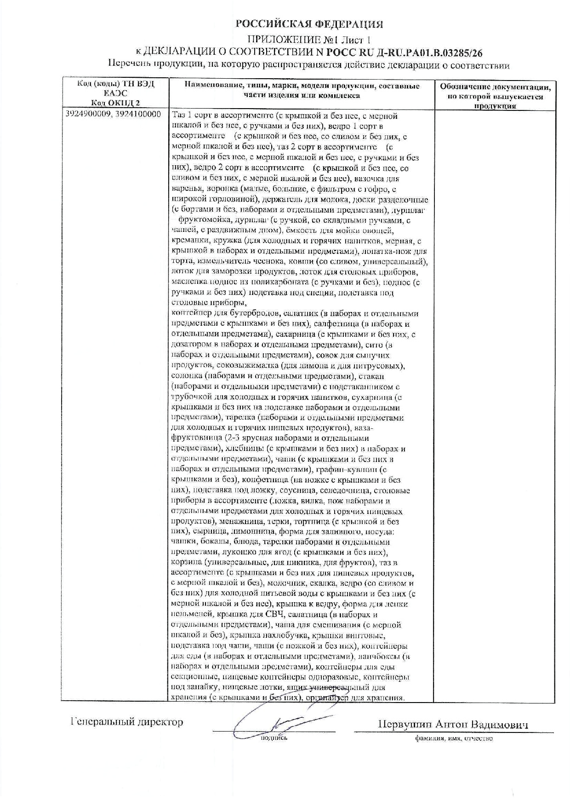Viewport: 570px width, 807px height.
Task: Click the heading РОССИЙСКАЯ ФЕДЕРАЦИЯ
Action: coord(309,24)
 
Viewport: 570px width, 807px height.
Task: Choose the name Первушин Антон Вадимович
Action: coord(453,725)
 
